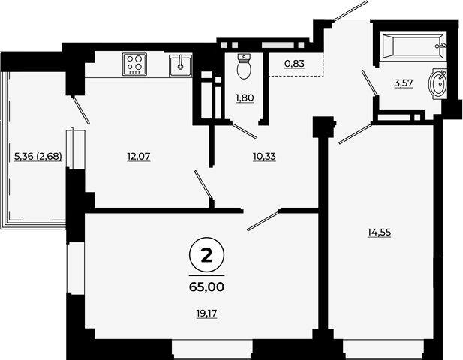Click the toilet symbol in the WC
click(244, 67)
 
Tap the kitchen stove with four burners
click(134, 64)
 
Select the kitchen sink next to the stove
click(181, 65)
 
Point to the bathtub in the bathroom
click(413, 46)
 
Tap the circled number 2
click(206, 255)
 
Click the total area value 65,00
click(206, 286)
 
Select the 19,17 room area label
click(206, 313)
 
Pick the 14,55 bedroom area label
click(380, 232)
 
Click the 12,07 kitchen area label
click(139, 157)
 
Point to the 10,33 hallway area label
click(265, 157)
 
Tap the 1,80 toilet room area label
click(245, 97)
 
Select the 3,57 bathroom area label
click(404, 83)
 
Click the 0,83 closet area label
click(295, 64)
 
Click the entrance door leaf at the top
click(350, 11)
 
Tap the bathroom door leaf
click(370, 83)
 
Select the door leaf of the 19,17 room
click(263, 220)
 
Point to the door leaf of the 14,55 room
click(356, 133)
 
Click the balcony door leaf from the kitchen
click(81, 110)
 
